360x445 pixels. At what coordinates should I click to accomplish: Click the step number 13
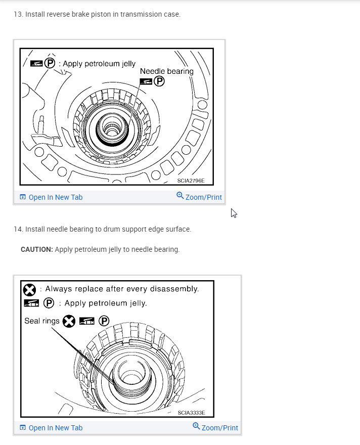(18, 14)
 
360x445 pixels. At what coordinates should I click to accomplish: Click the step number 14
(18, 229)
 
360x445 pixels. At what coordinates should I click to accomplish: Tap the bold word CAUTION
(37, 249)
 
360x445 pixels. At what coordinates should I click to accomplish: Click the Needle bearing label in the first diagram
(167, 71)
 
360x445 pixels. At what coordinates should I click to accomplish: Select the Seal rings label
(41, 321)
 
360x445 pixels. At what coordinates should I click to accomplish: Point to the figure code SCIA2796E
(191, 181)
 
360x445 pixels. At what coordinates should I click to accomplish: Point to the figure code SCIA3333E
(192, 413)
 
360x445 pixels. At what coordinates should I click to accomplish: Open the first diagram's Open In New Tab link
(51, 197)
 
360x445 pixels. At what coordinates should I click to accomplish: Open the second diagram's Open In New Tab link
(51, 428)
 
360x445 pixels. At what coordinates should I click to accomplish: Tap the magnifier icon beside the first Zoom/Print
(180, 196)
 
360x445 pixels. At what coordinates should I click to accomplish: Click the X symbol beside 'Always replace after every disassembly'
(29, 290)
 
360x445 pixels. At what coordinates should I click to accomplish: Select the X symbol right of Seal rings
(69, 321)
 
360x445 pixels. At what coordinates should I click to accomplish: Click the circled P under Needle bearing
(159, 81)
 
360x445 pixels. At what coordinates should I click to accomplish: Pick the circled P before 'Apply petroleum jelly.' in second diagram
(49, 303)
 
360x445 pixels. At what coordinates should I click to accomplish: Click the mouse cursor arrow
(234, 213)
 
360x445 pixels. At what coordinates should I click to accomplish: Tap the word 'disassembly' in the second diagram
(174, 289)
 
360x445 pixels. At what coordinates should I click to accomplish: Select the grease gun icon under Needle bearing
(146, 81)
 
